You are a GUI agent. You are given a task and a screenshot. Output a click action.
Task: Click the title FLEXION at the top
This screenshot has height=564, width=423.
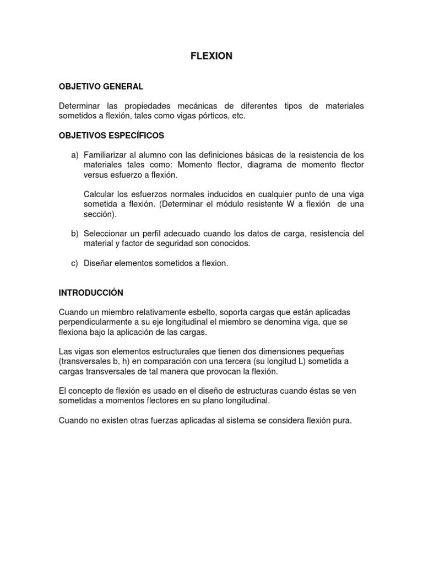click(211, 56)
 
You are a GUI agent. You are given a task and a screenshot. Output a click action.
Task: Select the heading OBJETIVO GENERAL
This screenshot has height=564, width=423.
click(101, 86)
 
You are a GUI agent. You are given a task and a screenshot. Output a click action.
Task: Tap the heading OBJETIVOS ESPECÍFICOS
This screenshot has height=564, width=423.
click(111, 135)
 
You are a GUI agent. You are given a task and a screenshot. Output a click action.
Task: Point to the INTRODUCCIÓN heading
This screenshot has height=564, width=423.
click(91, 292)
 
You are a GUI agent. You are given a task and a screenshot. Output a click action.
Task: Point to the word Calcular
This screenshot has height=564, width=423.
click(100, 194)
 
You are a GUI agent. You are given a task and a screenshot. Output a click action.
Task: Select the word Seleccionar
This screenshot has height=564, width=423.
click(108, 234)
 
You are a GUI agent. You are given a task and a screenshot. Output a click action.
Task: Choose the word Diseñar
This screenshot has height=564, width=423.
click(99, 263)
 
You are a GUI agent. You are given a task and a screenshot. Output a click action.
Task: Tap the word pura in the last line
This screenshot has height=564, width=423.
click(341, 420)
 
